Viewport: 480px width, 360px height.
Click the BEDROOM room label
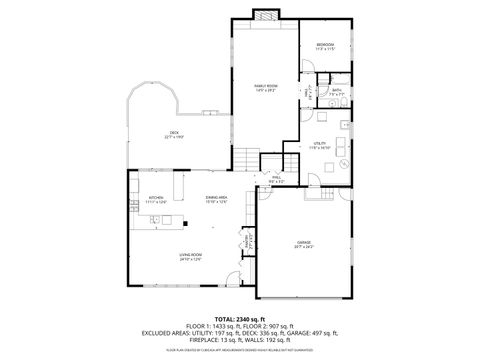(x=325, y=46)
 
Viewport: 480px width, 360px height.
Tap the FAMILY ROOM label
(x=265, y=87)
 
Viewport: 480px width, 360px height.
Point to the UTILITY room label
(x=318, y=145)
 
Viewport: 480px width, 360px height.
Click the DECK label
(x=173, y=134)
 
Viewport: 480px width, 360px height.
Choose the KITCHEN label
(x=155, y=199)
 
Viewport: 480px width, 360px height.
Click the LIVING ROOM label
(x=191, y=258)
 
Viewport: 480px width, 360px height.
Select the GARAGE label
(x=303, y=243)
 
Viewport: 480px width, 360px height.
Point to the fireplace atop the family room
(x=265, y=15)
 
